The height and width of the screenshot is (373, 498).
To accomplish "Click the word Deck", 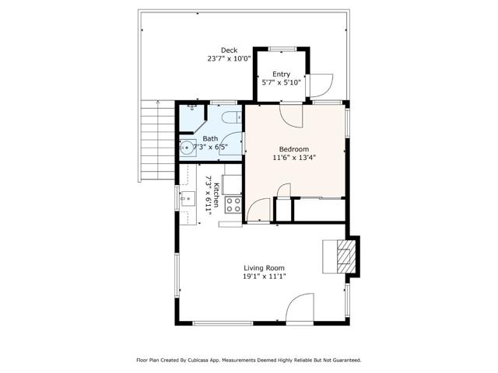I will tap(228, 50).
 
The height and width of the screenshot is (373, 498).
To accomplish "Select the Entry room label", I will tap(281, 74).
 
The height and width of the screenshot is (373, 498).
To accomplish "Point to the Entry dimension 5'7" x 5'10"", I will tap(281, 83).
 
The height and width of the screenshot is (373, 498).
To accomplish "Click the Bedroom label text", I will tap(294, 149).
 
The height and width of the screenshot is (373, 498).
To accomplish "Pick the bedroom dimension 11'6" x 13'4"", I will tap(294, 158).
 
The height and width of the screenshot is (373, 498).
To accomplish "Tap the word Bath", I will tap(211, 138).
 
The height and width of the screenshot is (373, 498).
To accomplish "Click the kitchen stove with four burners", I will tap(233, 205).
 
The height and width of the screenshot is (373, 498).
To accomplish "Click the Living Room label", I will tap(259, 266).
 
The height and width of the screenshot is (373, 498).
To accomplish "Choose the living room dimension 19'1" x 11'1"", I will tap(259, 275).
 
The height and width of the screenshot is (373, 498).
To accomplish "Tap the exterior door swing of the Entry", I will tap(320, 84).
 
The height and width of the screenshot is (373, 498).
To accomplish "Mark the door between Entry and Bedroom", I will tap(293, 114).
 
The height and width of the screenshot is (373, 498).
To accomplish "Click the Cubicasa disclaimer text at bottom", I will tap(249, 360).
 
